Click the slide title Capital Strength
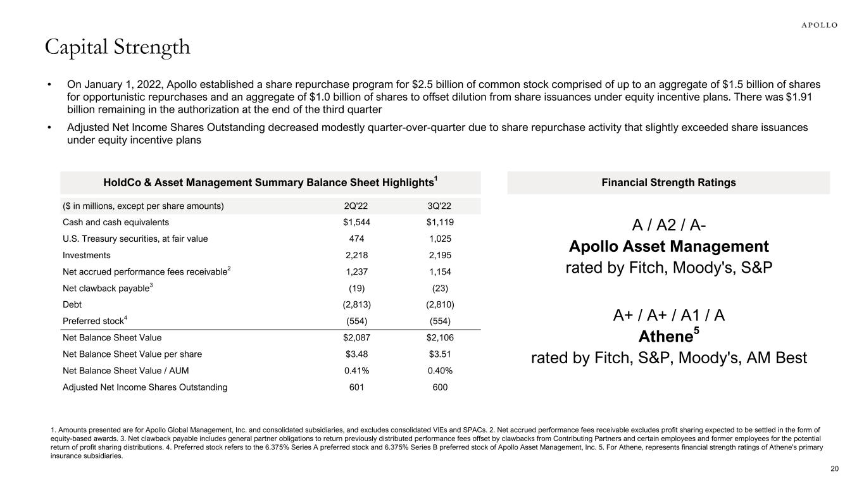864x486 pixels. click(117, 47)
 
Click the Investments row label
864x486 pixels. click(87, 255)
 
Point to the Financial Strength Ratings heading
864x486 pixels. click(668, 182)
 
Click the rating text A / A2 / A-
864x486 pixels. click(668, 225)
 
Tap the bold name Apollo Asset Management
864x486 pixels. click(668, 246)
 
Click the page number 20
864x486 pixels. click(834, 468)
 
